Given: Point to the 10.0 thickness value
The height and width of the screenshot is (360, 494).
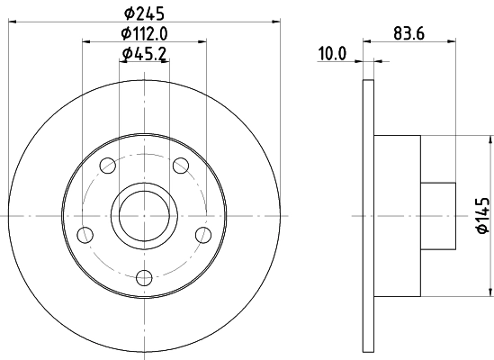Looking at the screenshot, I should (x=332, y=54).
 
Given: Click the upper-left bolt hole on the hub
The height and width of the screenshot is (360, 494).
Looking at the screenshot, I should (x=108, y=165).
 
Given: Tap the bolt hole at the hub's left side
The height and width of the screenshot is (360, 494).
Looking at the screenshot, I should (x=86, y=235).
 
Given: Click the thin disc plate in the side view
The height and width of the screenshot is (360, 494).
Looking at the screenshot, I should (x=369, y=216).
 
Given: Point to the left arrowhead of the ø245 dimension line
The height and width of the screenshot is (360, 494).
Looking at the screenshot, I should (x=11, y=20).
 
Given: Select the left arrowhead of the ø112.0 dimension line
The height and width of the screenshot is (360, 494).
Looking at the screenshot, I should (x=85, y=40).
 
